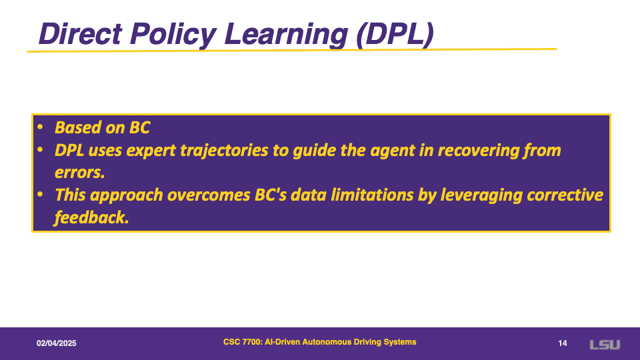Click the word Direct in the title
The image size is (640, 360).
click(81, 33)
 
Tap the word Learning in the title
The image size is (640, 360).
click(286, 35)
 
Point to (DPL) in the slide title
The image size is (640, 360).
click(395, 35)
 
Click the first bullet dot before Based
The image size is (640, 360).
click(40, 127)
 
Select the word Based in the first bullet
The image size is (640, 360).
click(77, 127)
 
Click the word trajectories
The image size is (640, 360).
click(224, 151)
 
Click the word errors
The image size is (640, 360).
click(79, 173)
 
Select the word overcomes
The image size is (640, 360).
click(208, 195)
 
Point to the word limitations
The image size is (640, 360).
click(372, 195)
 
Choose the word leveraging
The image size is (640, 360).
click(481, 195)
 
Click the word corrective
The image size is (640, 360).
click(565, 195)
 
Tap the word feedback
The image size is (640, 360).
click(91, 217)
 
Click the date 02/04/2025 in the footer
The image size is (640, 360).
click(56, 343)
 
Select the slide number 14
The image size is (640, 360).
click(563, 343)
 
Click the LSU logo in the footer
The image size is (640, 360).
click(605, 345)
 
